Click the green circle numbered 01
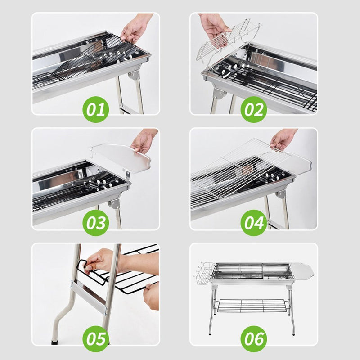(95, 109)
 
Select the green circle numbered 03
(95, 223)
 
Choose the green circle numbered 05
(95, 338)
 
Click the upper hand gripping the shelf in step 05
(101, 261)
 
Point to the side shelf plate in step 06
(304, 271)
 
